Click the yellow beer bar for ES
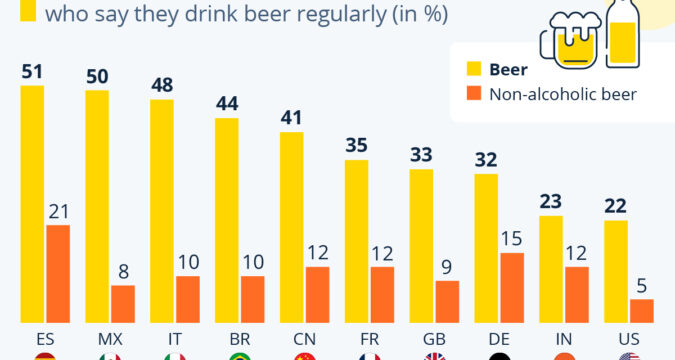pos(32,204)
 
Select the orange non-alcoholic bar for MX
pos(123,304)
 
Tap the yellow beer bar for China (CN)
pos(292,227)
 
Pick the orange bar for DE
pos(512,288)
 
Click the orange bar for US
pos(642,311)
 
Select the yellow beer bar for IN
pos(551,270)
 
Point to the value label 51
pos(32,72)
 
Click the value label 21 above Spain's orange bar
pos(59,211)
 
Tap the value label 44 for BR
pos(227,104)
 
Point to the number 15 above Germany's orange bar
pos(512,239)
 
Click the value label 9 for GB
pos(447,267)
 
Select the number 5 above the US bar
pos(642,286)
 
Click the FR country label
pos(369,339)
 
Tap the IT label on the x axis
pos(175,339)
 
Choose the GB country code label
pos(434,339)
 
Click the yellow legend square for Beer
pos(474,69)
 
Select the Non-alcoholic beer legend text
pos(563,94)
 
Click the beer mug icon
pos(571,40)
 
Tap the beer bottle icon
pos(622,34)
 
